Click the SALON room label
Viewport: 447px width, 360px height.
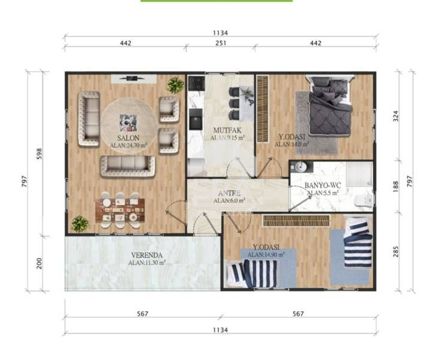point(129,138)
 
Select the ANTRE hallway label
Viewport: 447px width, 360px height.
point(228,193)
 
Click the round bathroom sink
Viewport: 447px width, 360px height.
point(301,167)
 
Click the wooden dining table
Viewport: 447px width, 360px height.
point(120,211)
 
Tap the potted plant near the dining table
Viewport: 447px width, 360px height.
point(80,224)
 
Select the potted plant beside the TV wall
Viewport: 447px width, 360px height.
point(175,85)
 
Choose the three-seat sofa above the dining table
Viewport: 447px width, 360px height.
point(127,165)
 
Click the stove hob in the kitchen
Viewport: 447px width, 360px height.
point(196,83)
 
